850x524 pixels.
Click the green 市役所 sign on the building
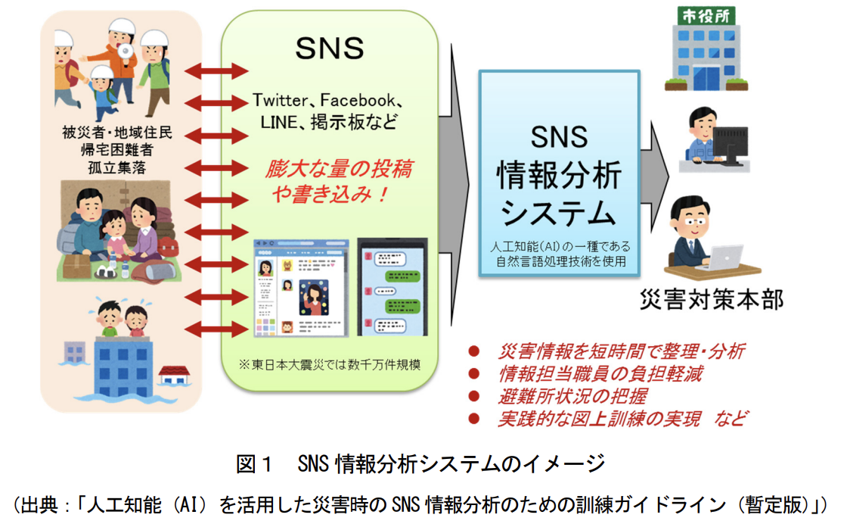pyautogui.click(x=706, y=16)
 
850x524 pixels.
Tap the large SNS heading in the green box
pyautogui.click(x=330, y=48)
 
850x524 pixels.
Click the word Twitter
pyautogui.click(x=280, y=101)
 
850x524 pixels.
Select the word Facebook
pyautogui.click(x=358, y=101)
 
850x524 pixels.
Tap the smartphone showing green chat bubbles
pyautogui.click(x=392, y=287)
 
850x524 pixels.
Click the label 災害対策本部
pyautogui.click(x=712, y=300)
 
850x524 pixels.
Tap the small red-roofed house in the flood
pyautogui.click(x=174, y=376)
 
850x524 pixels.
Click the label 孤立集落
pyautogui.click(x=117, y=168)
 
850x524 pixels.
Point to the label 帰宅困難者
pyautogui.click(x=117, y=151)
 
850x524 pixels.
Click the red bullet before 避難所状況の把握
pyautogui.click(x=474, y=396)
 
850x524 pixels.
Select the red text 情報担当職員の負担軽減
pyautogui.click(x=600, y=373)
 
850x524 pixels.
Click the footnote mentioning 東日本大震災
pyautogui.click(x=330, y=364)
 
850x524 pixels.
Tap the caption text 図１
pyautogui.click(x=253, y=463)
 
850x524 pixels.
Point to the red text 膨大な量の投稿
pyautogui.click(x=339, y=169)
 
